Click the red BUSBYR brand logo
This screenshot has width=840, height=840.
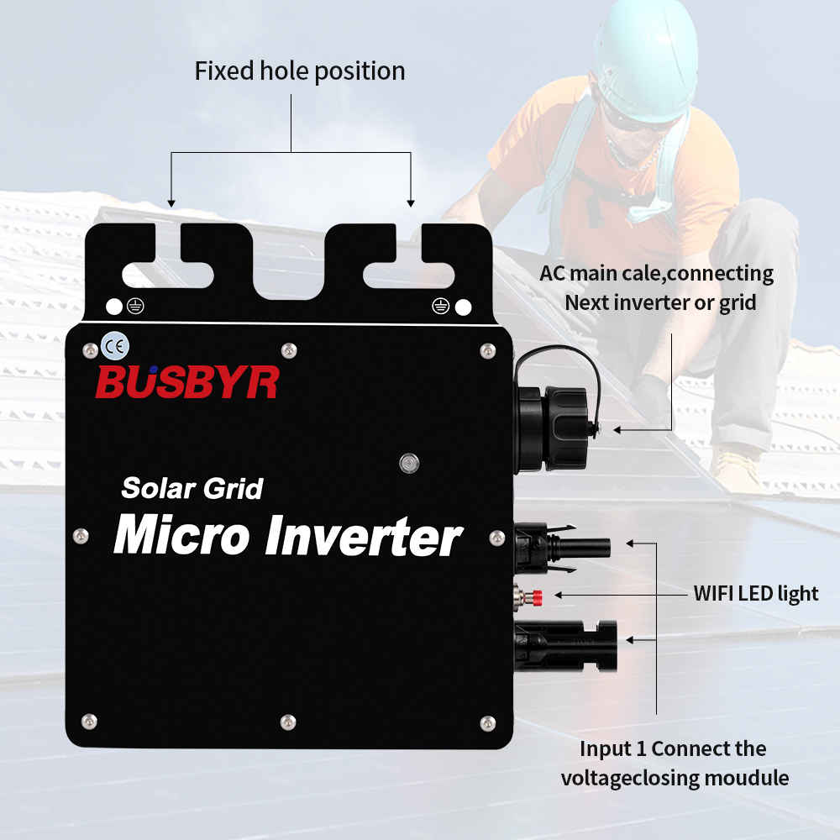tap(187, 381)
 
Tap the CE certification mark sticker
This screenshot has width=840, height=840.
tap(115, 347)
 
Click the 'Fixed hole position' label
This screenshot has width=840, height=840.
tap(300, 71)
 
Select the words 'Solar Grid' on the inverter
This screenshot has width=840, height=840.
tap(192, 488)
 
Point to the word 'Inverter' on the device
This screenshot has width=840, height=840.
tap(364, 536)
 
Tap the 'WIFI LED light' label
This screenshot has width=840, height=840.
tap(756, 594)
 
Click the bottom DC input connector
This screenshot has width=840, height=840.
tap(565, 646)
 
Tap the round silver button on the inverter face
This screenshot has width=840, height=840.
tap(409, 463)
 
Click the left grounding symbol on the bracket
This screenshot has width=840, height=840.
tap(135, 307)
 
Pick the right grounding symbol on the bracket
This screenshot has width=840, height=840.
tap(440, 307)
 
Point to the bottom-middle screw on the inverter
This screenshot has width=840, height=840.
tap(288, 722)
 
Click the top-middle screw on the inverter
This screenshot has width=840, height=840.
tap(289, 351)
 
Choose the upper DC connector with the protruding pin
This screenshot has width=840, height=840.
tap(563, 548)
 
